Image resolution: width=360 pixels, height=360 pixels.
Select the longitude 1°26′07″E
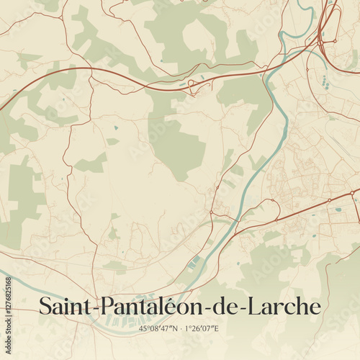point(203,329)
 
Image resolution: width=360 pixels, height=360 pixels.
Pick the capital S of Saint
point(45,306)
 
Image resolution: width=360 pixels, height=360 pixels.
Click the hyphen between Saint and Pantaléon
point(94,308)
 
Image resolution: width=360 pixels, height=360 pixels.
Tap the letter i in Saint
point(71,306)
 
